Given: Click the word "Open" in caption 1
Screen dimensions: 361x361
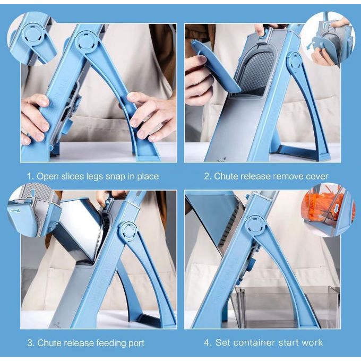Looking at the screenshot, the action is coord(47,176).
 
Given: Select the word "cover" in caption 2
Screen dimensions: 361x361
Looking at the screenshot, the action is coord(317,176).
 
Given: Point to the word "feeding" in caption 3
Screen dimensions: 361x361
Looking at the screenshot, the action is coord(109,343).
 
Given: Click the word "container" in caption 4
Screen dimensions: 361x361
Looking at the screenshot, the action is coord(256,342).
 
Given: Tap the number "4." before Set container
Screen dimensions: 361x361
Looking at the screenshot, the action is coord(208,342).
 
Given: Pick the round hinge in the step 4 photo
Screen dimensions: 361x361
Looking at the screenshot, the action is coord(255,226).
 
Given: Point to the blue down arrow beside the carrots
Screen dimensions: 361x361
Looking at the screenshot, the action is coord(336,209).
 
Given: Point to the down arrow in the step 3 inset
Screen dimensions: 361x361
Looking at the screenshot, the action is coord(33,192).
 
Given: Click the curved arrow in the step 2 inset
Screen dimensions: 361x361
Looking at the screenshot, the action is coord(311,45).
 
